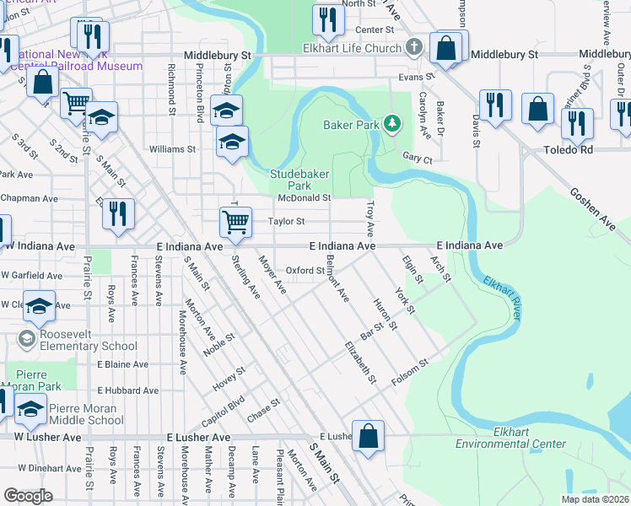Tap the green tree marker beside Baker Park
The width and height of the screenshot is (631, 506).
click(391, 125)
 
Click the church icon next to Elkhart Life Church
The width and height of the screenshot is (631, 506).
click(413, 47)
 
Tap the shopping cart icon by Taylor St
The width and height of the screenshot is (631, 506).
click(235, 222)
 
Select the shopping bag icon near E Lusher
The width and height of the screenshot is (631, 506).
click(368, 437)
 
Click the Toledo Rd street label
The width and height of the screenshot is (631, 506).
click(547, 150)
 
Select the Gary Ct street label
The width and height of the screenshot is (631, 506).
click(417, 158)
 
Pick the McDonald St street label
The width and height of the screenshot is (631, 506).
click(304, 198)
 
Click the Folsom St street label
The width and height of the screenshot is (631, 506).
click(410, 374)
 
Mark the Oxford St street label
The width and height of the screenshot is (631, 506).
click(299, 270)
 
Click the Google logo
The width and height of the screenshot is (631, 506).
click(28, 496)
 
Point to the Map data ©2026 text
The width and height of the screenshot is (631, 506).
click(594, 499)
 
